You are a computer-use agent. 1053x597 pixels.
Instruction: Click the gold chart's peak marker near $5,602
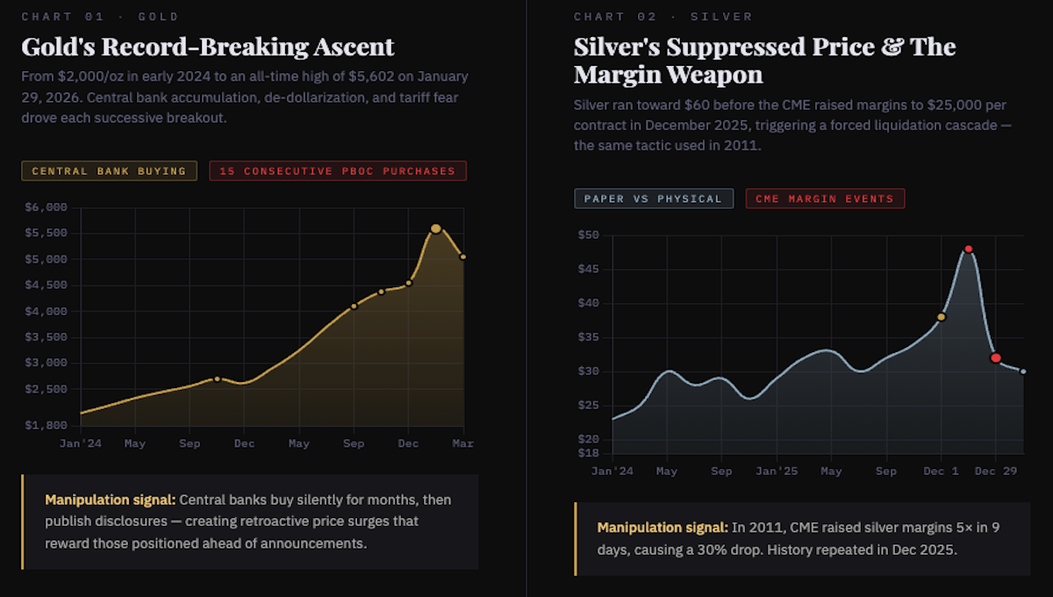(x=436, y=228)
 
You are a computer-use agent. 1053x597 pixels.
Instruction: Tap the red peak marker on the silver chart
(x=968, y=249)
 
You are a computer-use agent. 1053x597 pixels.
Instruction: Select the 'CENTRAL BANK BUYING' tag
(x=109, y=171)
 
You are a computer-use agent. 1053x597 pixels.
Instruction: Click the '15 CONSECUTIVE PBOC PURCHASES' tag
(x=338, y=171)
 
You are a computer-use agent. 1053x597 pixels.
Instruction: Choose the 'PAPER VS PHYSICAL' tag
(x=653, y=198)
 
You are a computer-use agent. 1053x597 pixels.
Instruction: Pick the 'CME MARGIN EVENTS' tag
(x=825, y=198)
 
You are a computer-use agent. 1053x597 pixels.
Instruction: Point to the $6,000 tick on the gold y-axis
(x=46, y=208)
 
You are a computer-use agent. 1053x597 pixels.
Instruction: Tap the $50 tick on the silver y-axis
(x=587, y=235)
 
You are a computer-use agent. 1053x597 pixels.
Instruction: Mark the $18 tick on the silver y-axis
(x=587, y=453)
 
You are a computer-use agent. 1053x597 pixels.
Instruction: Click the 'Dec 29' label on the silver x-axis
(x=996, y=471)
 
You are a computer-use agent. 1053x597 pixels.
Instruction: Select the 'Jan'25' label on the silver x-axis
(x=777, y=471)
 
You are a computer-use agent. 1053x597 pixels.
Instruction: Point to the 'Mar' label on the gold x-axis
(x=462, y=444)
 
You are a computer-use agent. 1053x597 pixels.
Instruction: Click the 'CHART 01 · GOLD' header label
(x=100, y=17)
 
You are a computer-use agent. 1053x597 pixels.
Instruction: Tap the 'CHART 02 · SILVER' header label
(x=663, y=17)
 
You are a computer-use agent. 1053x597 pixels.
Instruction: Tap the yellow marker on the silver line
(x=941, y=317)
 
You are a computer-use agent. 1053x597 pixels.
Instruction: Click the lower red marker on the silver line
(x=995, y=357)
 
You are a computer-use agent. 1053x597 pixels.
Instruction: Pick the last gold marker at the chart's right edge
(x=462, y=257)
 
